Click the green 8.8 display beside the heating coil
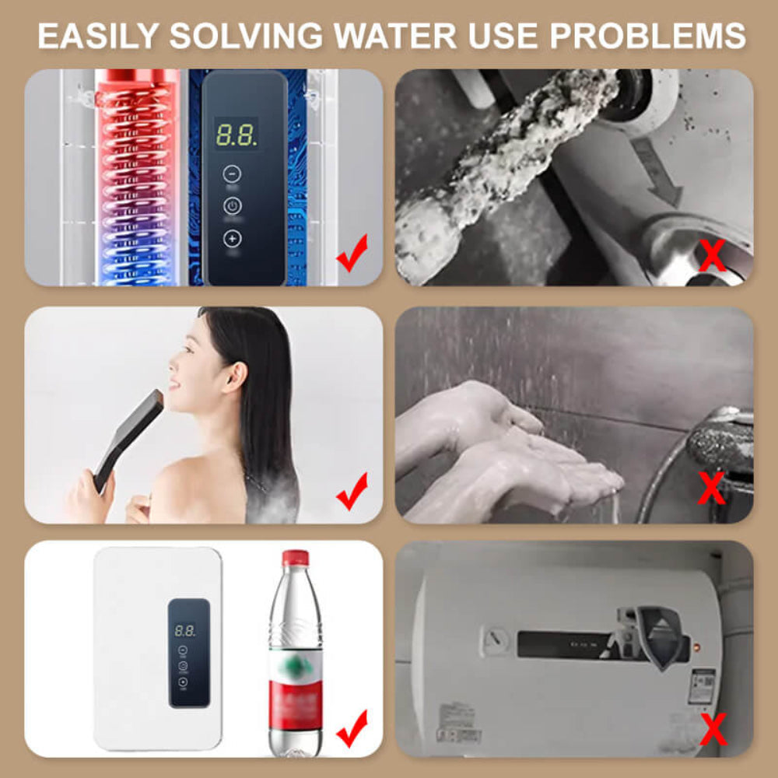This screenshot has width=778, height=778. [237, 135]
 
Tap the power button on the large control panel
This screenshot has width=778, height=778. [232, 206]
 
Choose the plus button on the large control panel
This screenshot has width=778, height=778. [232, 239]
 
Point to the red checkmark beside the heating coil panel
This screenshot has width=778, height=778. [352, 256]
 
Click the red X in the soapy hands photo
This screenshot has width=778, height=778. [712, 489]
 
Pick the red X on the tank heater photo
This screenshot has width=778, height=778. [712, 730]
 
